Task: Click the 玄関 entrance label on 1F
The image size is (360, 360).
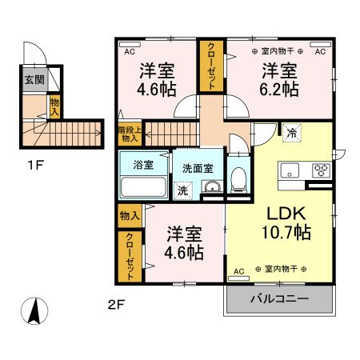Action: (x=34, y=79)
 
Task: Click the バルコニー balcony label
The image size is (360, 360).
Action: (x=278, y=301)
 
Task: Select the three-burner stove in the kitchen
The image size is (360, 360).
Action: (x=320, y=170)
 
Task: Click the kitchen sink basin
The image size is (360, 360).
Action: (x=288, y=170)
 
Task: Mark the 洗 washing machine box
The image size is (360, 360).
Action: (x=182, y=190)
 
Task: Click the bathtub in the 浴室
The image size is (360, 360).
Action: (x=142, y=187)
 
